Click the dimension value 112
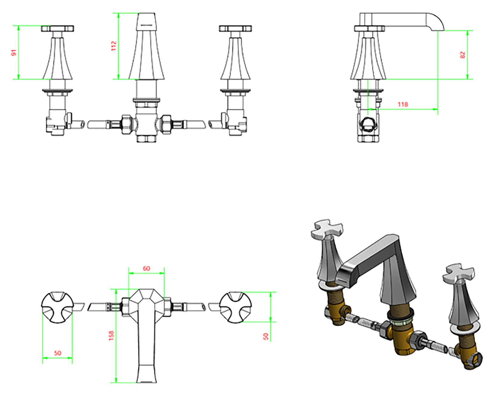click(113, 46)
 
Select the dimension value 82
click(462, 55)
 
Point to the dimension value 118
click(403, 104)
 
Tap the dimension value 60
click(146, 268)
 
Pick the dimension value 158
click(111, 336)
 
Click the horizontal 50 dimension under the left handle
click(57, 353)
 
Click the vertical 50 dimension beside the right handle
click(266, 336)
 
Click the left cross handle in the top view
click(57, 307)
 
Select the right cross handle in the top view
click(235, 307)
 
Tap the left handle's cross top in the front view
click(58, 29)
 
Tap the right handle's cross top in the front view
click(235, 29)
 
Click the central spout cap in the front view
click(146, 21)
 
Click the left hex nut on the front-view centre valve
click(126, 124)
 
